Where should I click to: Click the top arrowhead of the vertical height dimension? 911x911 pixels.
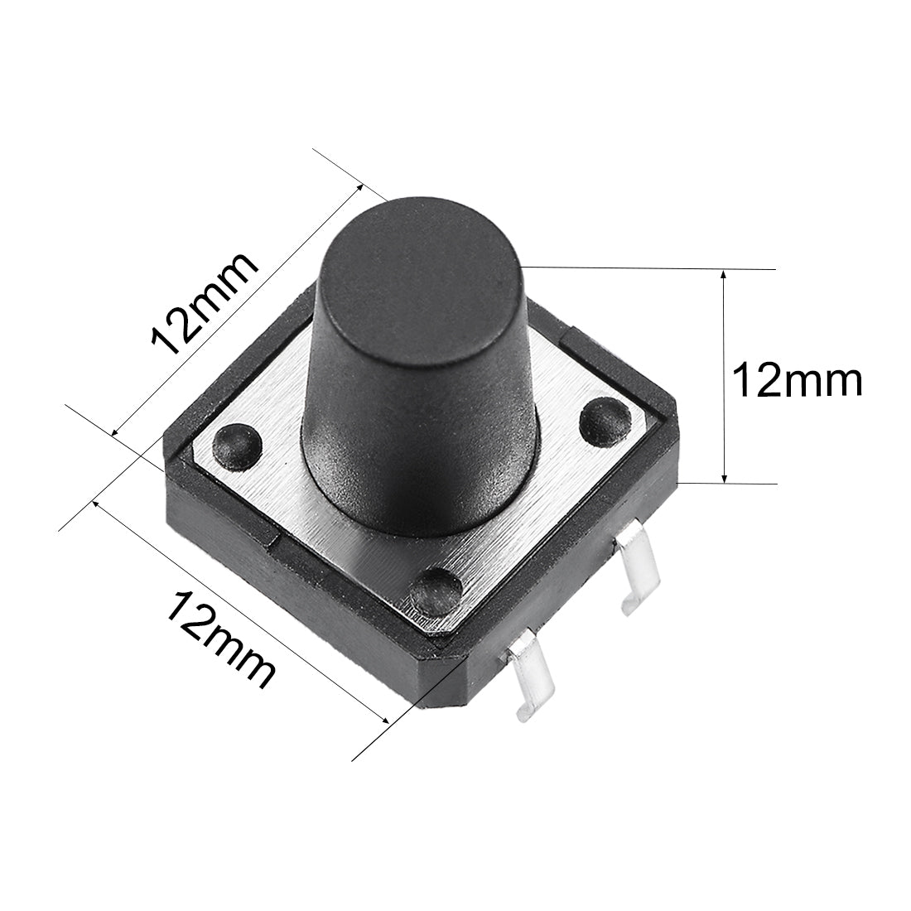pos(725,274)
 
